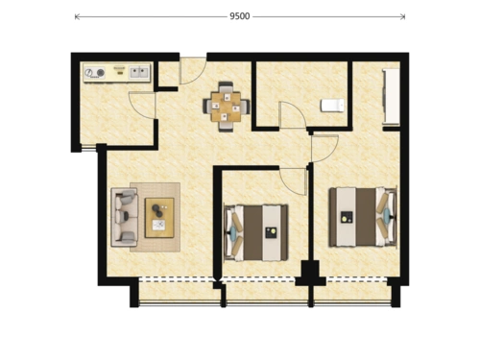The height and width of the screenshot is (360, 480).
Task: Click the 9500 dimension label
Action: tap(240, 16)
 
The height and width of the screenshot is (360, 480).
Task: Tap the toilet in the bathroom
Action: tap(332, 106)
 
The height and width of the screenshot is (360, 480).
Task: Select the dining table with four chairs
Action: tap(227, 107)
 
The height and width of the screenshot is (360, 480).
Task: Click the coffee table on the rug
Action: tap(159, 218)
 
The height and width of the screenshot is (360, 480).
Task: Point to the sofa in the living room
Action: tap(125, 217)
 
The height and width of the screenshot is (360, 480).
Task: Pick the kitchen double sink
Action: tap(139, 72)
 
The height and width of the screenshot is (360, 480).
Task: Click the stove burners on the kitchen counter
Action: tap(95, 73)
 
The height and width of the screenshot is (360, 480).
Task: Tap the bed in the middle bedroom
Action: tap(256, 232)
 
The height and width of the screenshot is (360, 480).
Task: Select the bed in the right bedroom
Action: tap(363, 217)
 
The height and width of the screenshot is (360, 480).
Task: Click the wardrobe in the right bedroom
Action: tap(391, 97)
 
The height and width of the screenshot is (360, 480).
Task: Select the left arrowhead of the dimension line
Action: tap(77, 16)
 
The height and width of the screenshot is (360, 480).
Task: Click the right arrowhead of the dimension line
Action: tap(403, 16)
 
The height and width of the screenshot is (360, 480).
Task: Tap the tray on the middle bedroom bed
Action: tap(272, 232)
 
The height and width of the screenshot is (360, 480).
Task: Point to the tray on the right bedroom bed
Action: tap(347, 218)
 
